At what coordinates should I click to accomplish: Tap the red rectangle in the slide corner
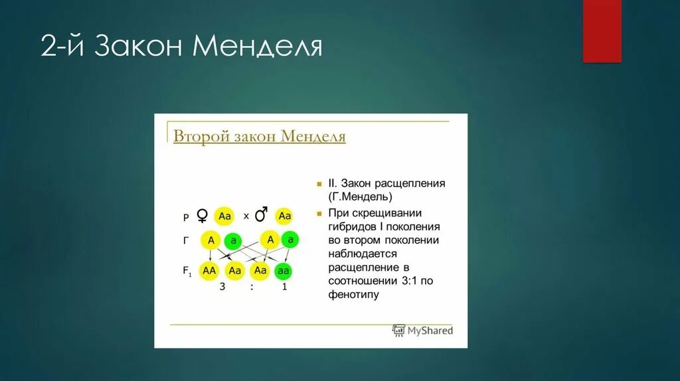click(x=602, y=31)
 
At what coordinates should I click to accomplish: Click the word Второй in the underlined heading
click(x=201, y=136)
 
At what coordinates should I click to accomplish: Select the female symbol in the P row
click(x=203, y=216)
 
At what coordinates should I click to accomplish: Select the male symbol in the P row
click(x=262, y=215)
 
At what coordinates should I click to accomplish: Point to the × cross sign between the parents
click(x=246, y=216)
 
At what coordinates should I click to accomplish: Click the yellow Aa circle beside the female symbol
click(x=224, y=216)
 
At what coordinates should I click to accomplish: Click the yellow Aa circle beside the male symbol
click(x=285, y=216)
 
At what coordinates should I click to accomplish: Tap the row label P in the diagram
click(x=186, y=217)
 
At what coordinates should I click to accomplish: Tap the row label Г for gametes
click(x=186, y=242)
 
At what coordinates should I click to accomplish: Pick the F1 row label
click(x=187, y=270)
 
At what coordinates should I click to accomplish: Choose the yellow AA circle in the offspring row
click(x=210, y=270)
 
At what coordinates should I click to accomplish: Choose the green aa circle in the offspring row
click(x=284, y=271)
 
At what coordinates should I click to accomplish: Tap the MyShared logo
click(x=422, y=330)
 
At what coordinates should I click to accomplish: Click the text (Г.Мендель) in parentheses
click(x=359, y=197)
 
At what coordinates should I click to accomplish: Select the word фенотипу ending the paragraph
click(x=353, y=294)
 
